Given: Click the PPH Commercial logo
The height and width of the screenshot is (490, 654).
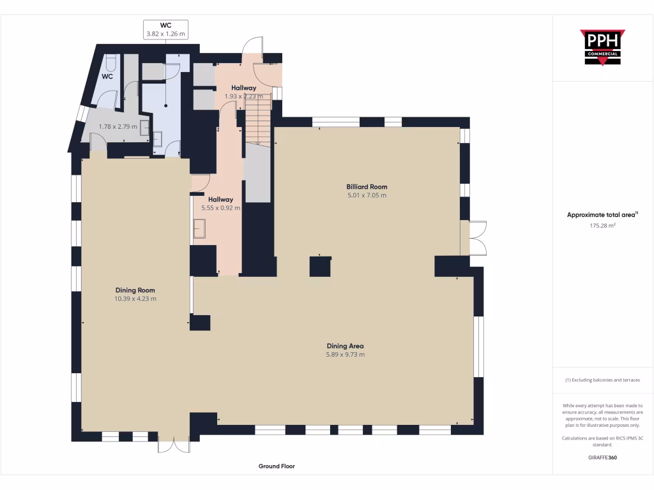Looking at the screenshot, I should point(602,47).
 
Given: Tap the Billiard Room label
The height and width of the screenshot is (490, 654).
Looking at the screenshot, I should point(367,187).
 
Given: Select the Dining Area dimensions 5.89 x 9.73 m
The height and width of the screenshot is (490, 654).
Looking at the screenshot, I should point(345,355).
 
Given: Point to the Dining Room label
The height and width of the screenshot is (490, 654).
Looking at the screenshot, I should point(135,290).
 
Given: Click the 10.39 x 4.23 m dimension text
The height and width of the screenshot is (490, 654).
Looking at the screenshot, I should point(135,299).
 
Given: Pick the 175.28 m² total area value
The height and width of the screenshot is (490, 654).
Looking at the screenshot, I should point(602,225).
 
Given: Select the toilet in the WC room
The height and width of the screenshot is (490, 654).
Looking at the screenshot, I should point(110,63).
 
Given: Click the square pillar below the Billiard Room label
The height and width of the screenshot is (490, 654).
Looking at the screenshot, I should point(320,266).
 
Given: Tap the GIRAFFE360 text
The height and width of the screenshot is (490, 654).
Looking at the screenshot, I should point(602,457).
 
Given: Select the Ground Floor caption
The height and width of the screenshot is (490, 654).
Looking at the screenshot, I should point(277,466).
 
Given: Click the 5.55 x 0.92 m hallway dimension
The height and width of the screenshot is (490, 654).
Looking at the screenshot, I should point(220,208).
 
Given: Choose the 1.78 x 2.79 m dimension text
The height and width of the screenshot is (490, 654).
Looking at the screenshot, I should point(118,126).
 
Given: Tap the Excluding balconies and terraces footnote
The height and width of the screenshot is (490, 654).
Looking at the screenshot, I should point(602,380).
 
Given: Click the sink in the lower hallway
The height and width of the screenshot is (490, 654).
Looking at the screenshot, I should point(199,228).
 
